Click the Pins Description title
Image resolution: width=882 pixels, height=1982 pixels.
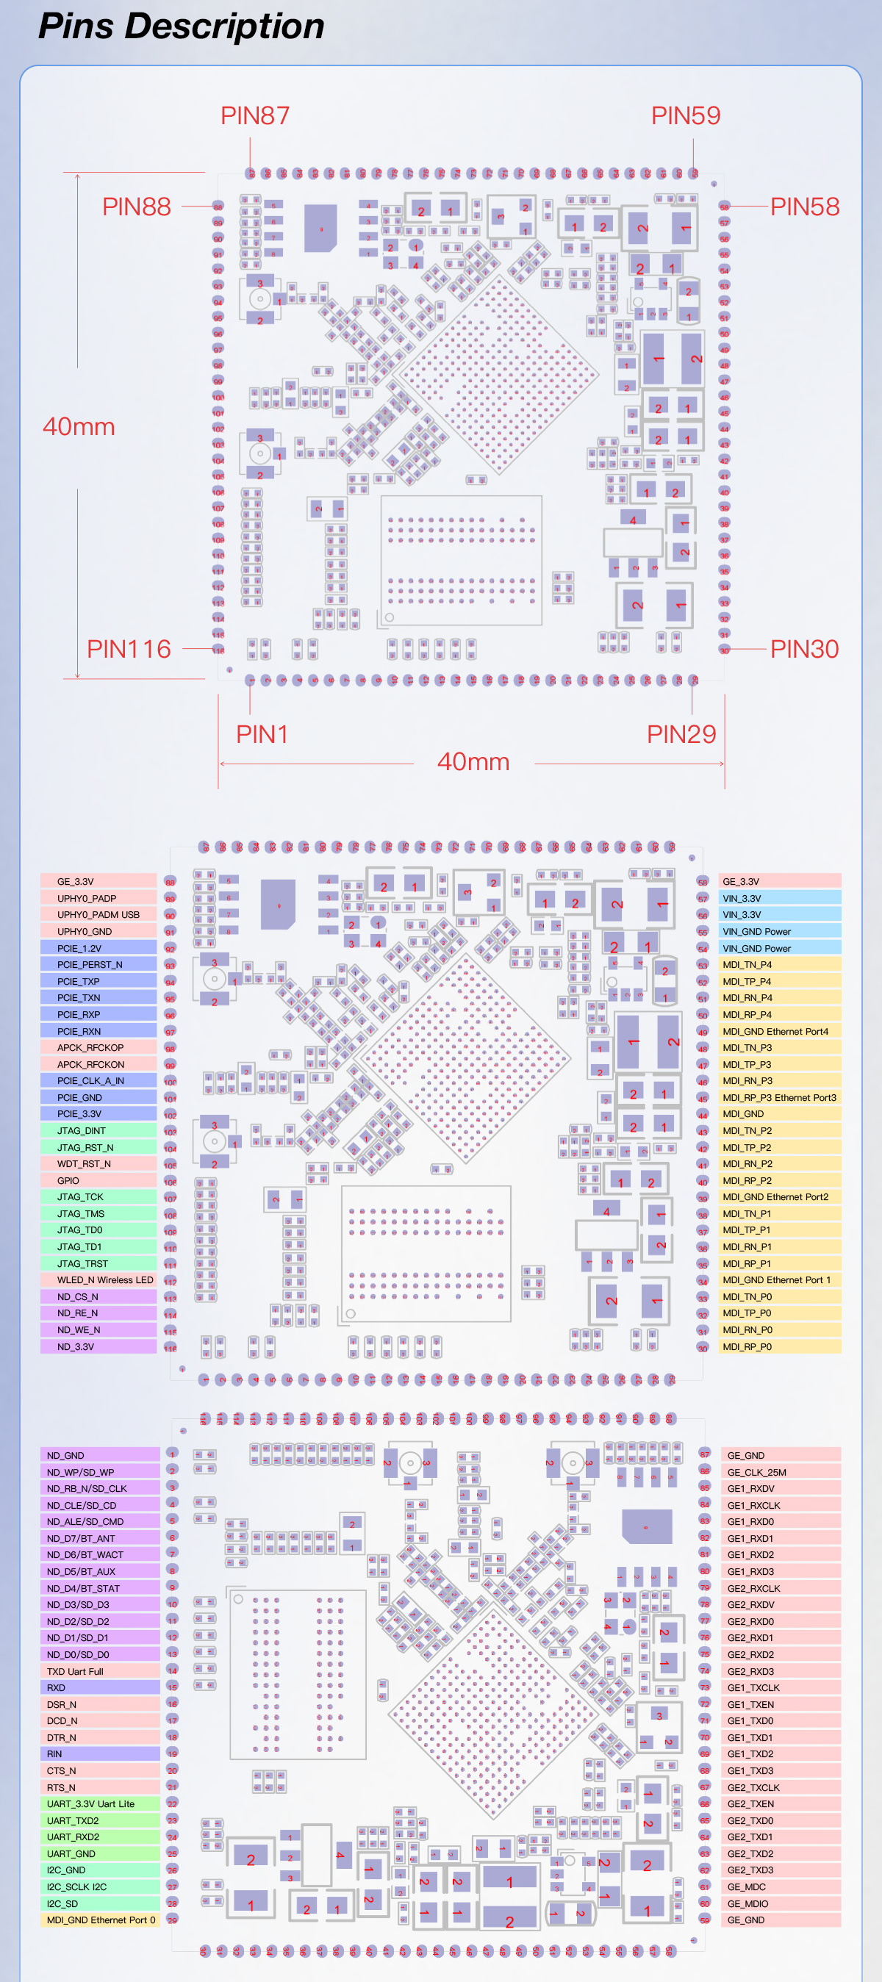coord(182,26)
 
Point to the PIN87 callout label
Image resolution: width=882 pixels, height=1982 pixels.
coord(255,115)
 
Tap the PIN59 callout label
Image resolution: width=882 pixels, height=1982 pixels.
coord(685,115)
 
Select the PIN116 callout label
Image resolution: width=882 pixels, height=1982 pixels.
coord(129,649)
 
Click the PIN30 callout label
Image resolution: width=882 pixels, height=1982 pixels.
coord(803,649)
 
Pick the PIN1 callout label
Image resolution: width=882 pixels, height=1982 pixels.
coord(262,734)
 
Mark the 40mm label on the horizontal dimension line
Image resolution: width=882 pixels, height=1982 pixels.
coord(473,762)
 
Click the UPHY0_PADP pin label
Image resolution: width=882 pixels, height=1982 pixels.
coord(87,898)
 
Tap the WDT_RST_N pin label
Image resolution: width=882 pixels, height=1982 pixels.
coord(84,1163)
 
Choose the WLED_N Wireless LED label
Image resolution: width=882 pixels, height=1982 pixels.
coord(104,1279)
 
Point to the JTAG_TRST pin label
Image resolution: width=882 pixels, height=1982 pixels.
coord(82,1263)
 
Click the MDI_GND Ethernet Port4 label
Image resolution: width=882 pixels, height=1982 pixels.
coord(775,1031)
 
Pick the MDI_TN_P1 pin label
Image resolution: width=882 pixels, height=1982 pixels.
coord(747,1213)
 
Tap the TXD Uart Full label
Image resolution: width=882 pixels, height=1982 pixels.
coord(75,1671)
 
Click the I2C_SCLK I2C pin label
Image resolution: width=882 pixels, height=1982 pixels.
coord(76,1886)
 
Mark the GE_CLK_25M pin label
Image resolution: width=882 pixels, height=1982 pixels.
coord(756,1472)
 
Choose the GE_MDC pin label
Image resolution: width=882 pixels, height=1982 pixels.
coord(746,1886)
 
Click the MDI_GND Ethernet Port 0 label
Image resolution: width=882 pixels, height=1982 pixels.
coord(101,1920)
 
